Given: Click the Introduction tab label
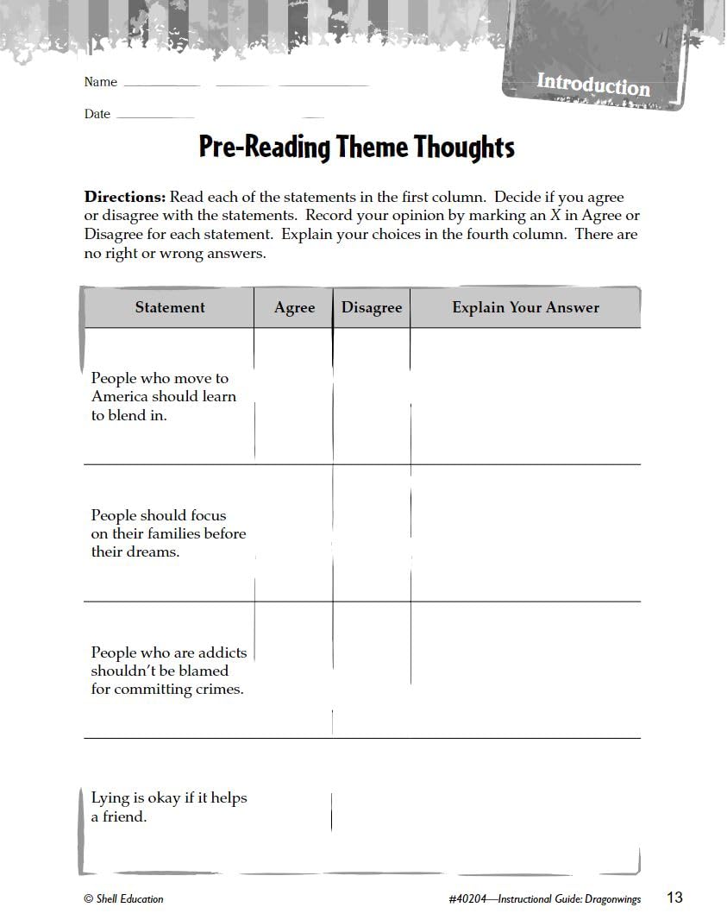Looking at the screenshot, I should point(593,85).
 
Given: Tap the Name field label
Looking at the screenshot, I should point(100,82).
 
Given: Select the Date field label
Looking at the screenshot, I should point(97,114).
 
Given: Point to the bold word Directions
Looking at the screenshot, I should point(124,197).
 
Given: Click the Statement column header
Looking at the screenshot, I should point(170,307).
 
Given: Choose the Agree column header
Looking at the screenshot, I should point(294,308).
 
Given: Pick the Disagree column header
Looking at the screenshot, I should point(372,308).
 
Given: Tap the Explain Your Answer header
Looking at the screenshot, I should point(525,307).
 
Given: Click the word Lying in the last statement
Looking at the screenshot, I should point(109,798).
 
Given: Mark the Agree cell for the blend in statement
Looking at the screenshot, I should point(294,396).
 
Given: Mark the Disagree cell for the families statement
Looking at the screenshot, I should point(372,532).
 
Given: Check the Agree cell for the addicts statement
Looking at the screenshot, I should point(294,670).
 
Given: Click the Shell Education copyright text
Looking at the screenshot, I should point(123,898).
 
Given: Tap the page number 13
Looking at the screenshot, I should point(674,898).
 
